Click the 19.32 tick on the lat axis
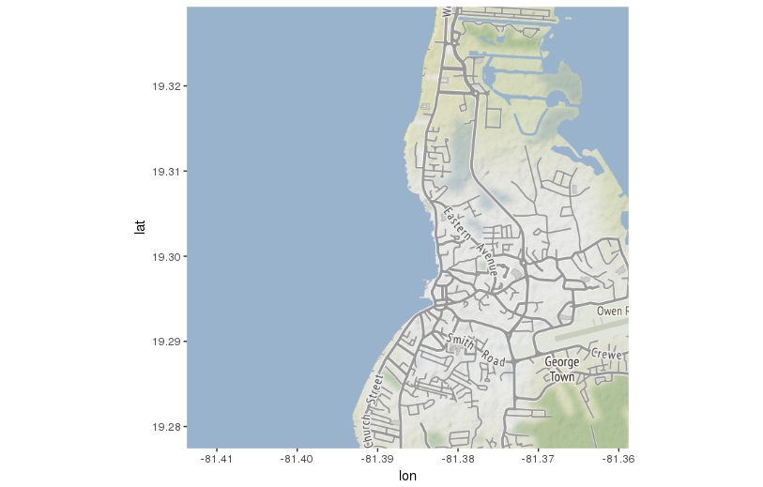(x=165, y=86)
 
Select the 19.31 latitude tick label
(x=165, y=172)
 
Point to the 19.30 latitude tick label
(x=165, y=257)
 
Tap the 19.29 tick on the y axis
(x=165, y=342)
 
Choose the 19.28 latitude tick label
(x=165, y=427)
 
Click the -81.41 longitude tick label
(x=217, y=458)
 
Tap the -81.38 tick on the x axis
(x=458, y=458)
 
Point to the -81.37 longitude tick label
(x=538, y=458)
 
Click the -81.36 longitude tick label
(x=616, y=458)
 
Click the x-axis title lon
(x=407, y=476)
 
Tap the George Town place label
(x=561, y=369)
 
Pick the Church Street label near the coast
(x=373, y=412)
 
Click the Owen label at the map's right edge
(x=611, y=310)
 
